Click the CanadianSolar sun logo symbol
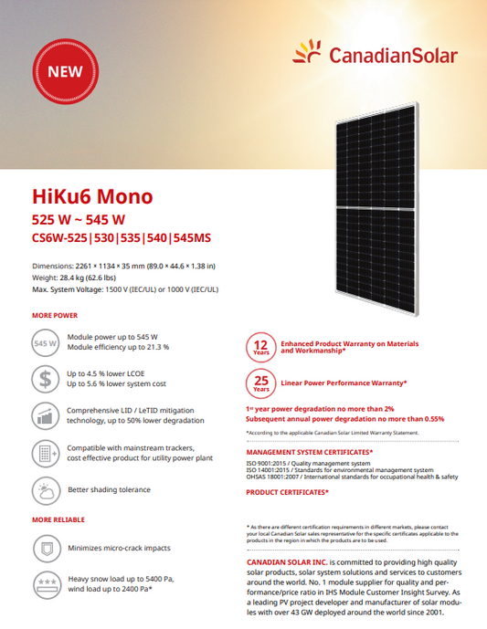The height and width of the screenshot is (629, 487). pyautogui.click(x=308, y=52)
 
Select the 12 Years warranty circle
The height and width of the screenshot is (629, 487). pyautogui.click(x=260, y=347)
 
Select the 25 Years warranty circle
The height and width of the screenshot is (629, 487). pyautogui.click(x=260, y=383)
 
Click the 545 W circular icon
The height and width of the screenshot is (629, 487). pyautogui.click(x=46, y=344)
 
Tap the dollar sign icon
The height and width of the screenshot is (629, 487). pyautogui.click(x=46, y=379)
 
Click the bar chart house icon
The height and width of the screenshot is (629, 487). pyautogui.click(x=46, y=416)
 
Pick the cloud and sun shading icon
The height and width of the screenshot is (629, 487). pyautogui.click(x=46, y=490)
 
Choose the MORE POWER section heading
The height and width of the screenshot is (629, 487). pyautogui.click(x=55, y=315)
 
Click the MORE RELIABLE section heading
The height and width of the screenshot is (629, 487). pyautogui.click(x=59, y=519)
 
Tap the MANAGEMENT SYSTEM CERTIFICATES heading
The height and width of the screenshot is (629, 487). pyautogui.click(x=310, y=452)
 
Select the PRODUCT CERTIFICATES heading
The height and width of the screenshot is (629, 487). pyautogui.click(x=288, y=492)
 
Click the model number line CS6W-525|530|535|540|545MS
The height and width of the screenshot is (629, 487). pyautogui.click(x=122, y=239)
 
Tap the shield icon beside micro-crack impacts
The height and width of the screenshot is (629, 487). pyautogui.click(x=46, y=549)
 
